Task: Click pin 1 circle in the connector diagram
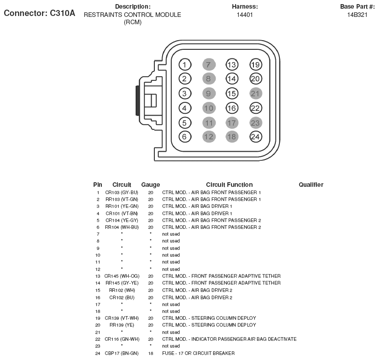[x=184, y=64]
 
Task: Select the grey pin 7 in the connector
[x=208, y=64]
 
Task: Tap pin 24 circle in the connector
[x=256, y=136]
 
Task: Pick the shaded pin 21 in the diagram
[x=256, y=93]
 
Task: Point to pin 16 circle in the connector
[x=232, y=108]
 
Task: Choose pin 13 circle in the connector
[x=232, y=64]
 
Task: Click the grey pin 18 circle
[x=232, y=136]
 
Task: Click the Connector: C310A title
[x=39, y=13]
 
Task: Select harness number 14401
[x=245, y=15]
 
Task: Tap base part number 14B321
[x=357, y=15]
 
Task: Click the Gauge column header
[x=150, y=185]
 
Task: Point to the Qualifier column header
[x=311, y=185]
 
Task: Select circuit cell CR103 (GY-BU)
[x=121, y=192]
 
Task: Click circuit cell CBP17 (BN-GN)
[x=121, y=353]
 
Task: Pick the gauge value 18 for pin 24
[x=150, y=353]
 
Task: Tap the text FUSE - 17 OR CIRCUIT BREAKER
[x=198, y=353]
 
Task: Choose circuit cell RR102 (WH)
[x=121, y=290]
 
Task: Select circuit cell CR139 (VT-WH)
[x=121, y=318]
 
